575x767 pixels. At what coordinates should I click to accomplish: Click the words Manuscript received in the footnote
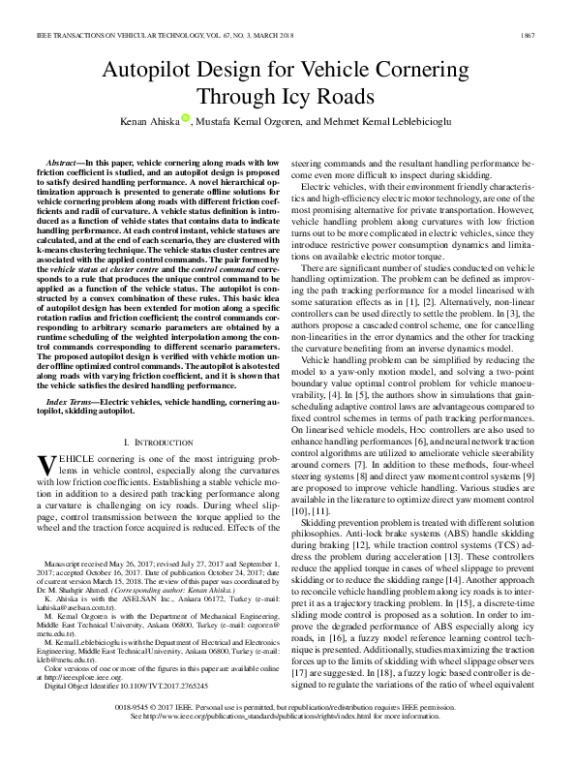(84, 563)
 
